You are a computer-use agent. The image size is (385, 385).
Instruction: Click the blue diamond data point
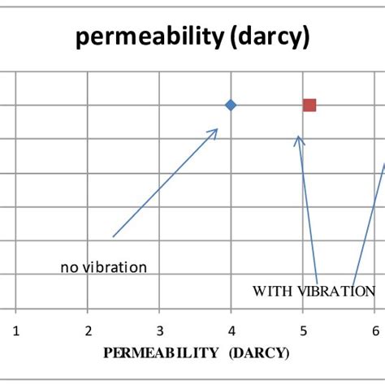coord(231,105)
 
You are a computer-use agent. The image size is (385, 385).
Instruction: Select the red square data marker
coord(309,105)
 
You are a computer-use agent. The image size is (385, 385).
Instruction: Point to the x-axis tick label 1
coord(15,331)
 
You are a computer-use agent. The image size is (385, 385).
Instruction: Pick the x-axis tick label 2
coord(88,331)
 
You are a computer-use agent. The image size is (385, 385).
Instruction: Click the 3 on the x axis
coord(159,331)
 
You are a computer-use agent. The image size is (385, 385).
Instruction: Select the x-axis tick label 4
coord(231,331)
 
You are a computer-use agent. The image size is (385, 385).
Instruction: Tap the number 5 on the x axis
coord(303,331)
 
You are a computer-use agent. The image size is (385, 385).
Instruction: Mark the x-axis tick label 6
coord(374,331)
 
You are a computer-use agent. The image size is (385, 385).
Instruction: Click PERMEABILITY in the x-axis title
coord(161,353)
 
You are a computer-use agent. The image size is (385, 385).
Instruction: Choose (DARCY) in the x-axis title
coord(259,353)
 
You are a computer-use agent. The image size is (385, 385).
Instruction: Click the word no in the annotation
coord(68,266)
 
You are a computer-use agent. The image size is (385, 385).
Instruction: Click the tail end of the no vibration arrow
coord(114,236)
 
